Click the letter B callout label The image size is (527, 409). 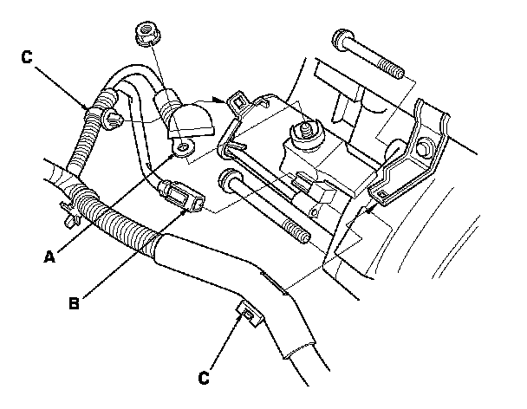[x=75, y=303]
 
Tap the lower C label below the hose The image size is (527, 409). [x=205, y=378]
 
